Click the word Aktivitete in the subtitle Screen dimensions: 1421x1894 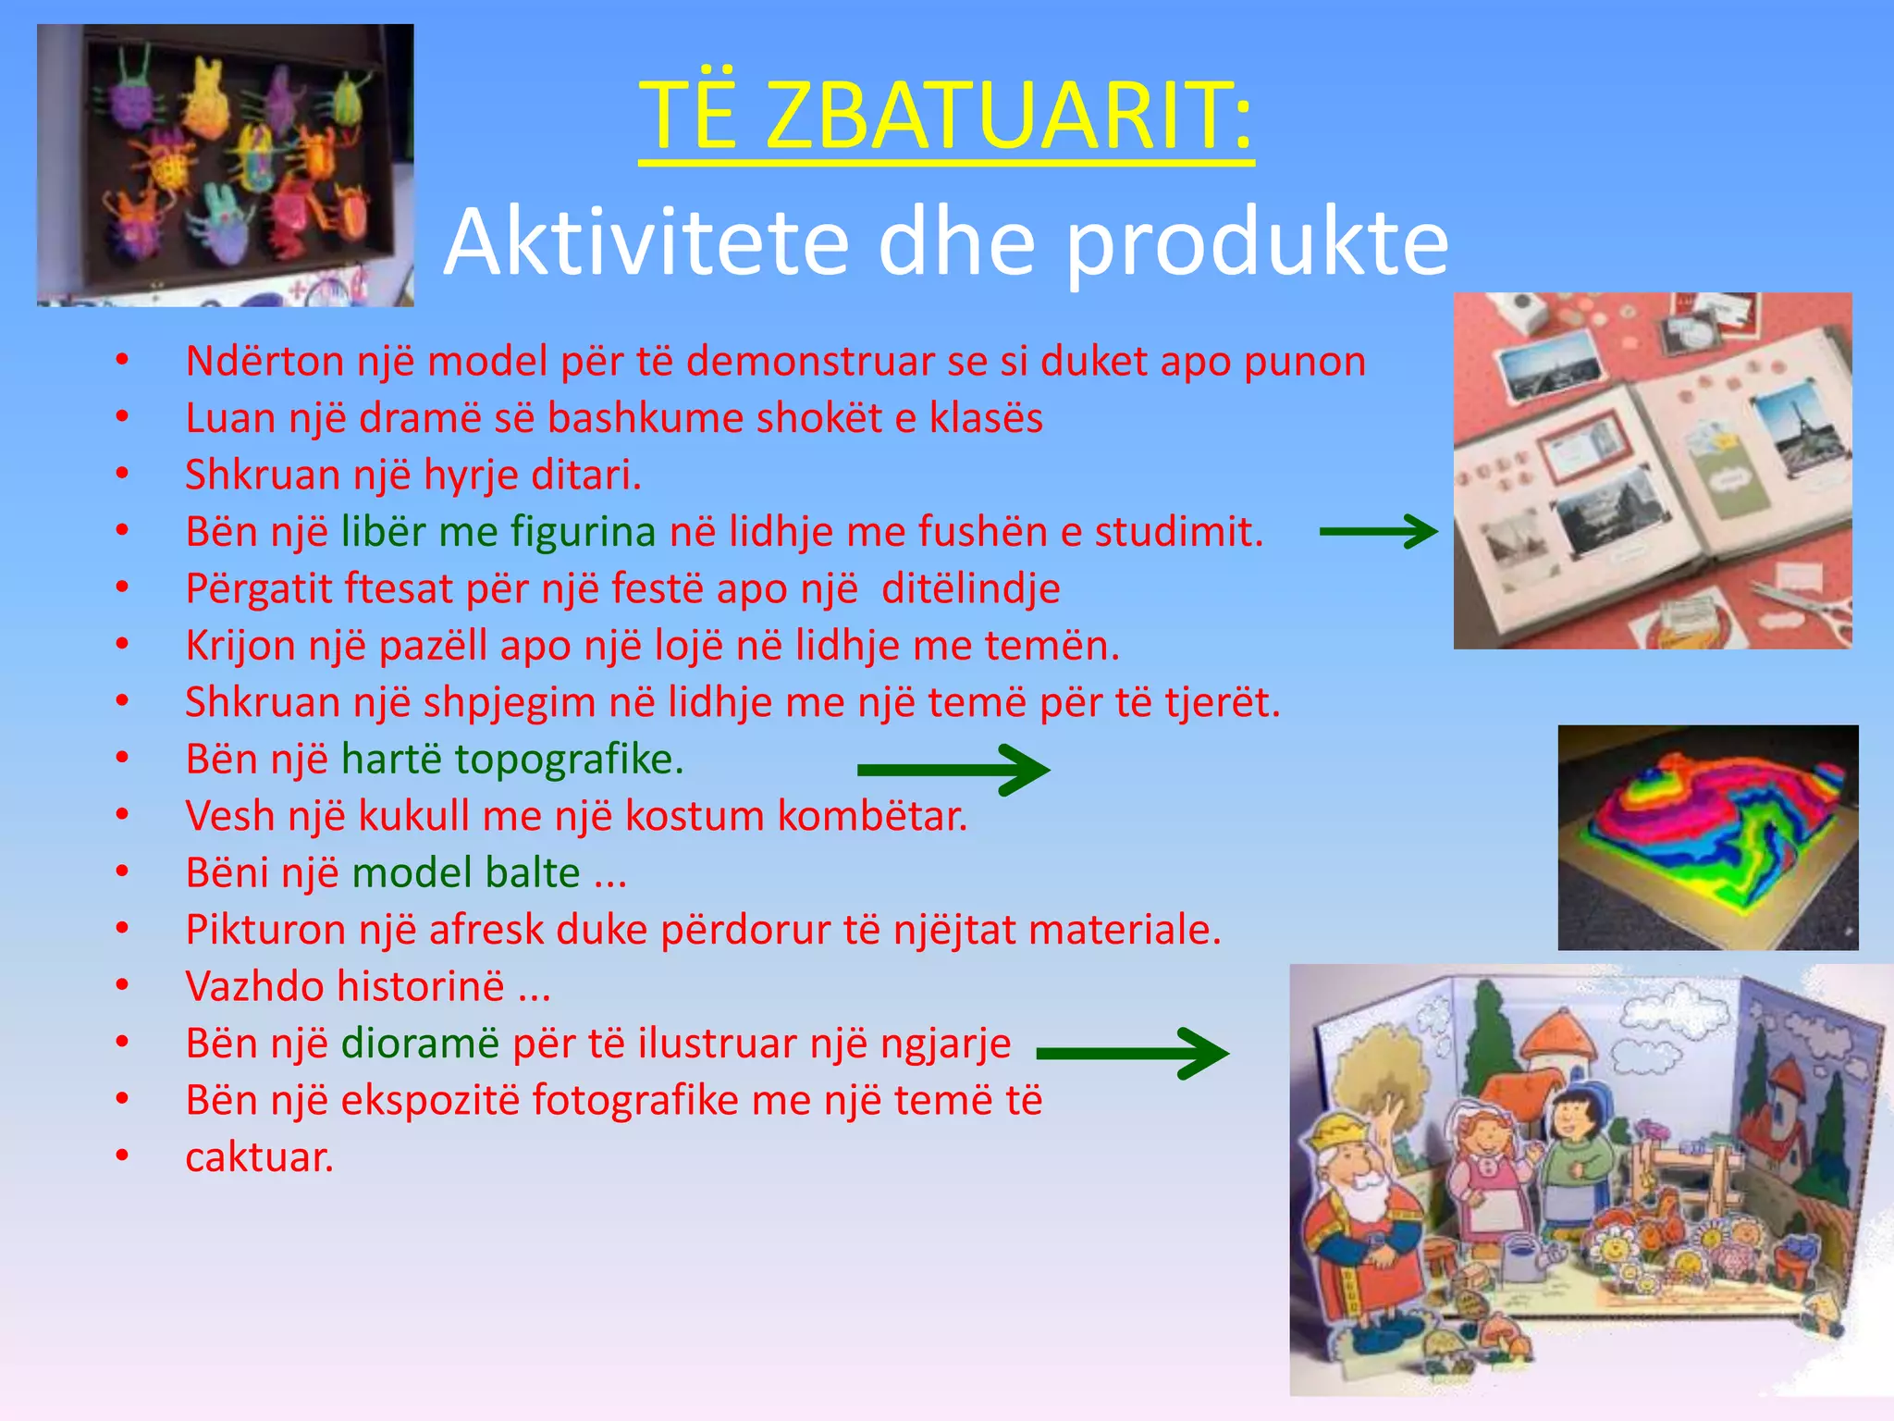(646, 242)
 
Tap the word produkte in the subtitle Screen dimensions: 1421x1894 (1257, 242)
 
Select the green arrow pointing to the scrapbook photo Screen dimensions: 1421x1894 (1378, 531)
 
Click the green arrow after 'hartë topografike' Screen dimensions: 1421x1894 (953, 769)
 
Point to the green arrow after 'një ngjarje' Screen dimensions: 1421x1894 (1132, 1053)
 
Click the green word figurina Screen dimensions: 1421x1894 (583, 532)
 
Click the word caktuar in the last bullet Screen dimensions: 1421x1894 (259, 1157)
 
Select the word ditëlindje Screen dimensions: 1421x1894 (970, 588)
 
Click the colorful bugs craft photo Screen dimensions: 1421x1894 (225, 165)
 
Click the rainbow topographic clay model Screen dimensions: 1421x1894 (1707, 836)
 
